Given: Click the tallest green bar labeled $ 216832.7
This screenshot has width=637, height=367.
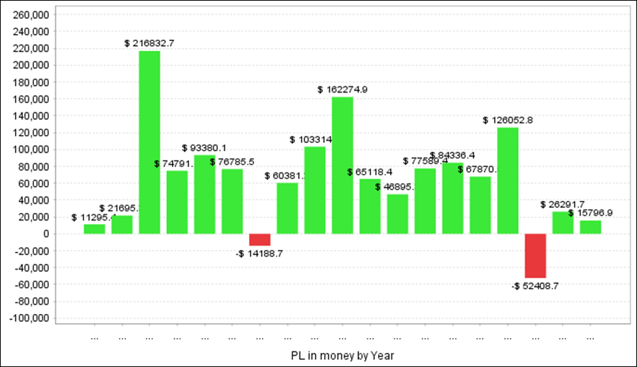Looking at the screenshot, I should [x=149, y=142].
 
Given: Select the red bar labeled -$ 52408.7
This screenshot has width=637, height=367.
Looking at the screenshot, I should [x=535, y=256].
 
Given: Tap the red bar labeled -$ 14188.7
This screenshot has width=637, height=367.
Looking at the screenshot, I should [x=260, y=240].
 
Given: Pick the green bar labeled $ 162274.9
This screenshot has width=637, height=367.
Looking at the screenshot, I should [x=343, y=165].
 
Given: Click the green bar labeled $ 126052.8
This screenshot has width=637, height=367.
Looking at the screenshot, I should [x=507, y=180].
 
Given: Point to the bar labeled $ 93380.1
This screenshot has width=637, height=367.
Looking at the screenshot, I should [x=205, y=194].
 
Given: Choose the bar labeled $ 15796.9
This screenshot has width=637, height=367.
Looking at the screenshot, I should [x=590, y=227].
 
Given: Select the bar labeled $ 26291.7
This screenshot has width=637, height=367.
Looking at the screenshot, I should [x=563, y=223].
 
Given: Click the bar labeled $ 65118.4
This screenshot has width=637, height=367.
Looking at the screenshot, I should [x=370, y=206].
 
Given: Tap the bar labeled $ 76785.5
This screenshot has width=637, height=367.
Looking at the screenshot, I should [x=232, y=202].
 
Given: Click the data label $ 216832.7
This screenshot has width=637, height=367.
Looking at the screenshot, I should [x=149, y=43].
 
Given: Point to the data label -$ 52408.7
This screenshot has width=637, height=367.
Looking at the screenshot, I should [x=535, y=286].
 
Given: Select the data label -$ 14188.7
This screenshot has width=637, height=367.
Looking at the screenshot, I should [x=260, y=253].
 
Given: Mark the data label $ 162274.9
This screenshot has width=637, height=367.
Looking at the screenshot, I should [x=343, y=90].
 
